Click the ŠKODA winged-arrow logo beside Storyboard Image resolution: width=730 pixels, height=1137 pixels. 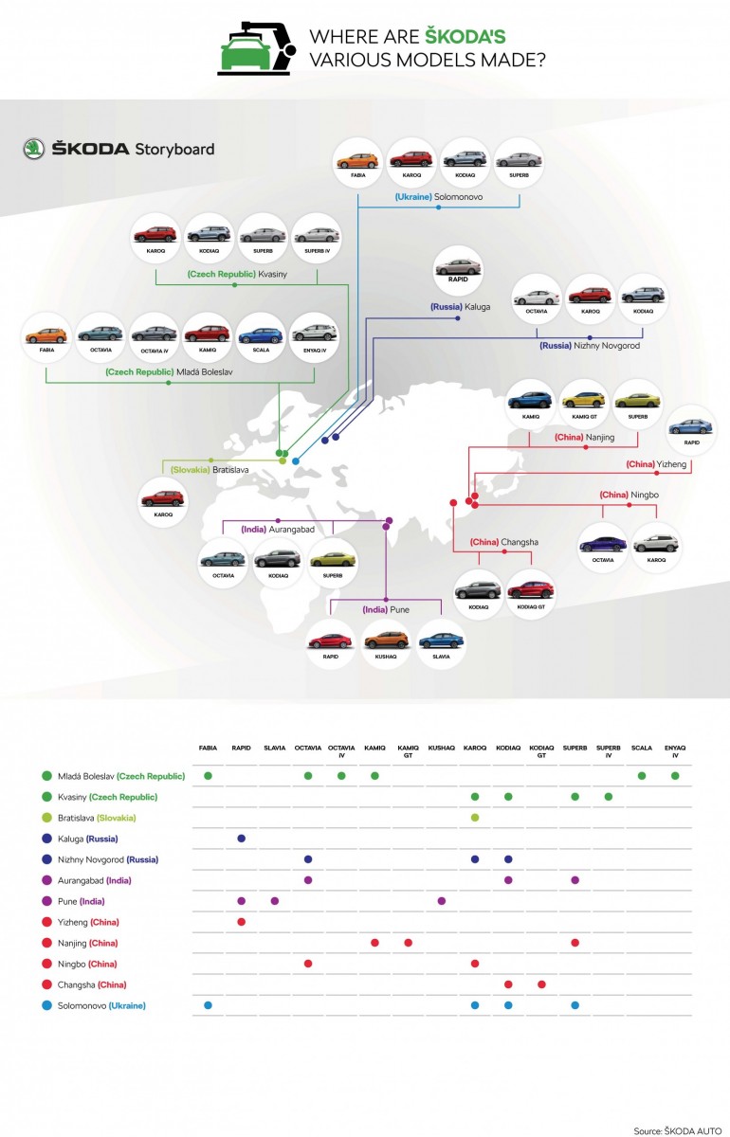click(x=34, y=149)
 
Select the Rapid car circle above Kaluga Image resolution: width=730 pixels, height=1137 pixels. click(x=458, y=273)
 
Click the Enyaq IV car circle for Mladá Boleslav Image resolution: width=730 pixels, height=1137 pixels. click(x=314, y=339)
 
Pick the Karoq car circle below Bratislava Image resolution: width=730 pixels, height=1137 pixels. click(x=163, y=498)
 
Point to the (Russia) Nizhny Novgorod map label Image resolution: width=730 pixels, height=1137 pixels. click(x=590, y=346)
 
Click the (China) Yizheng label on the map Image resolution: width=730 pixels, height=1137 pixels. click(x=656, y=464)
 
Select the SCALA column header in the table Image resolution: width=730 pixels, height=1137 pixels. click(x=642, y=749)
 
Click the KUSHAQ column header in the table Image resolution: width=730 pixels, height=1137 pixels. click(x=442, y=749)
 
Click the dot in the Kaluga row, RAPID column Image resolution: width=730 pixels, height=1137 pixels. click(x=241, y=839)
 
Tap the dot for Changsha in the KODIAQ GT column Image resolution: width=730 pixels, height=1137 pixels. click(x=541, y=984)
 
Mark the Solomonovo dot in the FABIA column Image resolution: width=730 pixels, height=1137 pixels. click(x=208, y=1005)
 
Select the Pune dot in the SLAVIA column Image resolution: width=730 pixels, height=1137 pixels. click(x=275, y=901)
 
